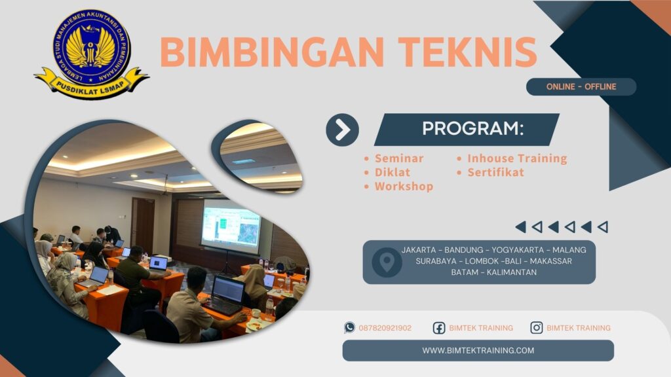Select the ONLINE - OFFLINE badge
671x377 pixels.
[x=581, y=87]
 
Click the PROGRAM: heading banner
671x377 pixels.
[x=472, y=129]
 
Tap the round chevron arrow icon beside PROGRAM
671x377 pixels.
[x=342, y=130]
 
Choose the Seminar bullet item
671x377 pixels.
[x=398, y=158]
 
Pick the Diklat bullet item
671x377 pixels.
[x=392, y=172]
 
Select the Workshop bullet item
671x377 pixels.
[x=403, y=187]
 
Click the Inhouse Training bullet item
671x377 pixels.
[x=516, y=158]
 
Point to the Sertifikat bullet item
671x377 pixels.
[x=495, y=172]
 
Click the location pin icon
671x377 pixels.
[x=387, y=262]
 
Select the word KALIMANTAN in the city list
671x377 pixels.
[x=508, y=272]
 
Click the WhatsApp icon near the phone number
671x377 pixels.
[x=350, y=328]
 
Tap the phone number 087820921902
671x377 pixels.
[x=385, y=328]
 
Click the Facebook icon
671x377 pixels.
[x=439, y=328]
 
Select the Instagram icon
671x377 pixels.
[x=537, y=328]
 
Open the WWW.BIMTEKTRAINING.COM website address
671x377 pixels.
[x=478, y=350]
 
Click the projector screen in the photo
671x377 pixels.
[x=230, y=226]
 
